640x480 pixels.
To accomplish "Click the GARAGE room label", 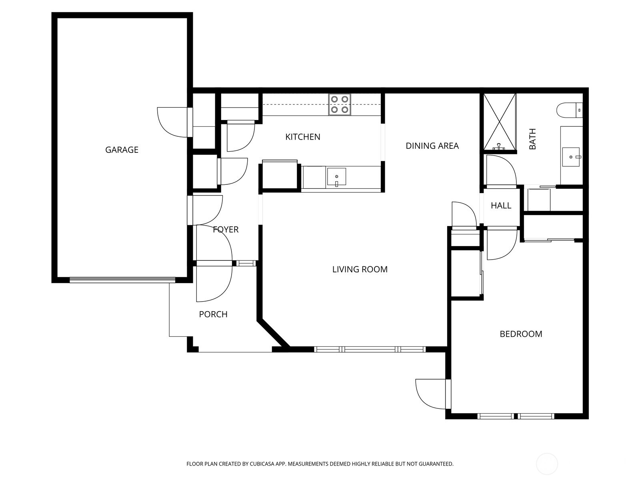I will pos(122,150).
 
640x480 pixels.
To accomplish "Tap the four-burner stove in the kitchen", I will pos(340,104).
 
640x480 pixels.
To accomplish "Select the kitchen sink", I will pos(336,177).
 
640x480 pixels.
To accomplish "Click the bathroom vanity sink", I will pos(571,156).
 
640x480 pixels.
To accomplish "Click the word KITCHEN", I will pos(303,137).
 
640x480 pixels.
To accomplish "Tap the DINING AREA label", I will pos(432,146).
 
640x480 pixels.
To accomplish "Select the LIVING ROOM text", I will pos(360,269).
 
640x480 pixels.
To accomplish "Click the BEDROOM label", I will pos(521,334).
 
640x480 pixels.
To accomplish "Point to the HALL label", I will pos(501,206).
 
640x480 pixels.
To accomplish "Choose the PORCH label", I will pos(213,314).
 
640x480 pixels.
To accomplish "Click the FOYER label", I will pos(226,229).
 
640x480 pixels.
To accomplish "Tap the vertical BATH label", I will pos(532,139).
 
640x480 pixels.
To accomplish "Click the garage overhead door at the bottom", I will pos(122,280).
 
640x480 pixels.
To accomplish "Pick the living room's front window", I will pos(370,349).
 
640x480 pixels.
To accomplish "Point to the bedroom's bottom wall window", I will pos(516,416).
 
